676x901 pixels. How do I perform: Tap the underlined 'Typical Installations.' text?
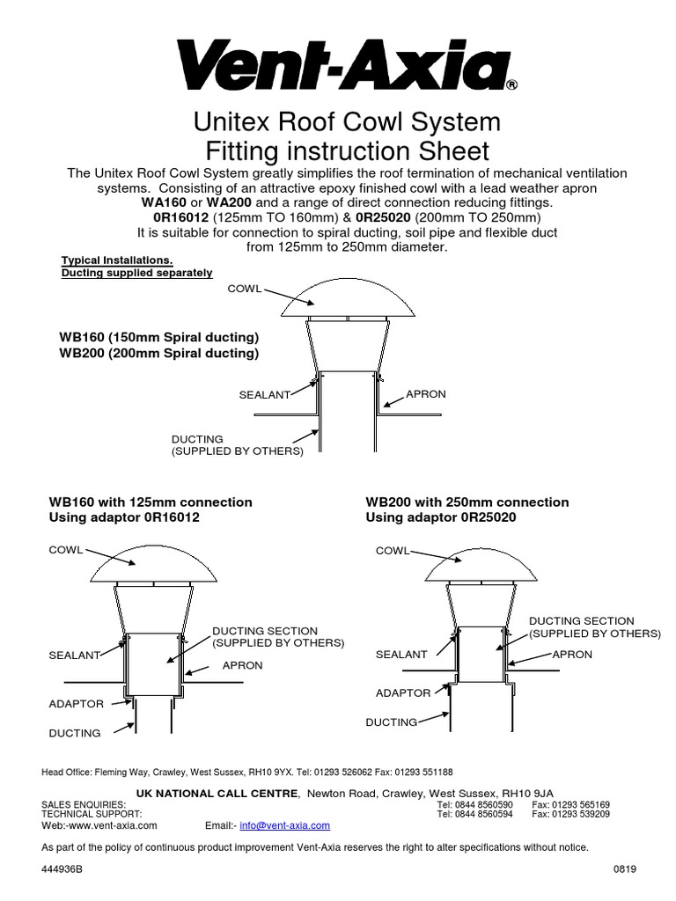(x=117, y=260)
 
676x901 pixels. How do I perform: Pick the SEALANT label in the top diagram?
(x=264, y=395)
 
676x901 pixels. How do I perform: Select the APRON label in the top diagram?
(x=426, y=394)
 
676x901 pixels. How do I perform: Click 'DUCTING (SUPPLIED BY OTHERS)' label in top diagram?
(x=237, y=444)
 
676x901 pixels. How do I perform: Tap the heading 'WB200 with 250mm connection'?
(x=467, y=502)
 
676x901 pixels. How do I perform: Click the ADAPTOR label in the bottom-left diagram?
(x=76, y=704)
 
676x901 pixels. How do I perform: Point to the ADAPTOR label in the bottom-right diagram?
(x=403, y=692)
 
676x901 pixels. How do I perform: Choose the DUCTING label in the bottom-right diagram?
(x=391, y=722)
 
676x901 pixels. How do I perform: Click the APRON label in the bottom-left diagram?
(x=242, y=665)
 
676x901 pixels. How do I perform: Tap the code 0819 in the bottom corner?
(x=624, y=868)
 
